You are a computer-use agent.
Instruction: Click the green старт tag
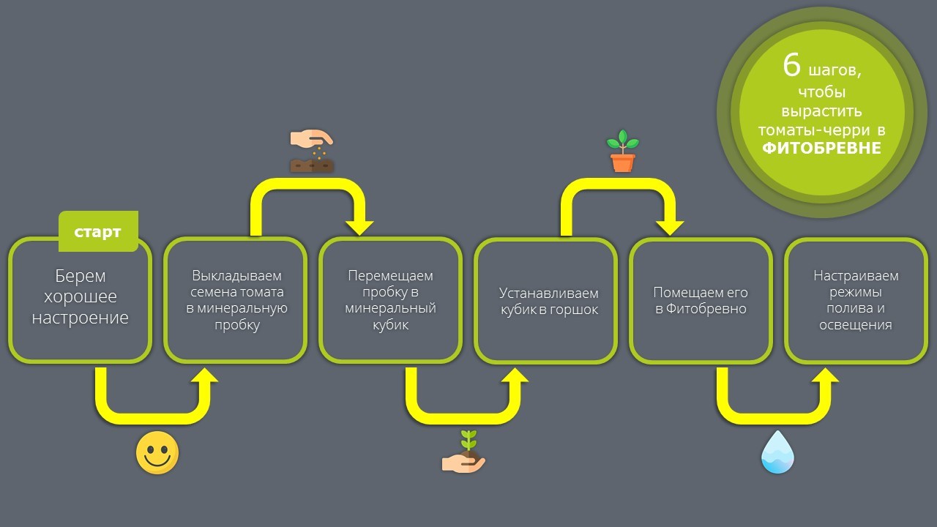[x=98, y=231]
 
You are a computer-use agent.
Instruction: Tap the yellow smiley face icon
[x=157, y=452]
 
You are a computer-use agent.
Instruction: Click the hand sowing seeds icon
[x=312, y=151]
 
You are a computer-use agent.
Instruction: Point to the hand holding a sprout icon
[x=463, y=452]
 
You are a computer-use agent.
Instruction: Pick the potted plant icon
[x=623, y=151]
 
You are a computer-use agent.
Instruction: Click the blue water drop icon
[x=777, y=452]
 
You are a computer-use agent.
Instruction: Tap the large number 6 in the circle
[x=791, y=66]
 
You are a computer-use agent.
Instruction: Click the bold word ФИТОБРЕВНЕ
[x=821, y=148]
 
